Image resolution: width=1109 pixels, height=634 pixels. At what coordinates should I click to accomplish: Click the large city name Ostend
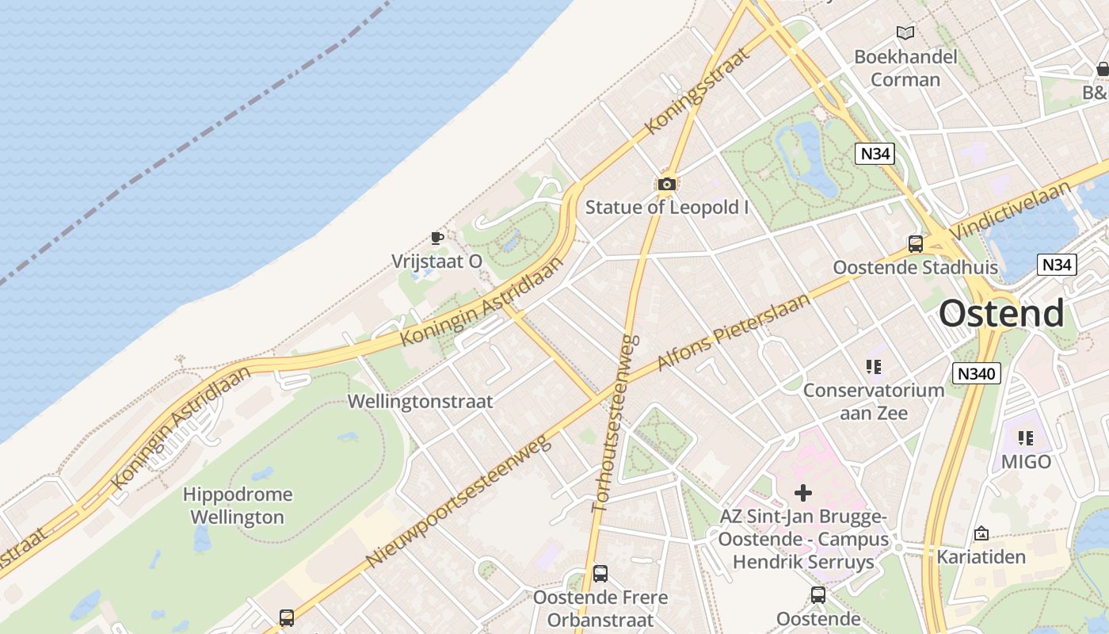tap(1001, 314)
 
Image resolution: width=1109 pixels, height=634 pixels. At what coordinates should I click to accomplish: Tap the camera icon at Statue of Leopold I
tap(667, 185)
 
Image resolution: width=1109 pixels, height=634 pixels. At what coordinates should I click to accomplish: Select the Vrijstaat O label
tap(436, 262)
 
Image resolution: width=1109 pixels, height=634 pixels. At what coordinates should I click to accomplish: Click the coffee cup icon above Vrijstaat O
tap(436, 238)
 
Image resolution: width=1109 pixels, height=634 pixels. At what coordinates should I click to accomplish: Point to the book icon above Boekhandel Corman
tap(905, 32)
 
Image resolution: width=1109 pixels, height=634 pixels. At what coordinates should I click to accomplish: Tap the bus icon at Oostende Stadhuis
tap(916, 244)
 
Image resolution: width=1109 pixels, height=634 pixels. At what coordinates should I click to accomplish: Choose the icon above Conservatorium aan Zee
tap(874, 367)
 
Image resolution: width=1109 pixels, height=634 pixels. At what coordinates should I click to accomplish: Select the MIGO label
tap(1026, 461)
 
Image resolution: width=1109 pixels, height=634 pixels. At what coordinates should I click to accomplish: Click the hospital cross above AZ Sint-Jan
tap(803, 493)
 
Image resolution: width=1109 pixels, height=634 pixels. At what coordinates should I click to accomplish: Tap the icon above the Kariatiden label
tap(981, 533)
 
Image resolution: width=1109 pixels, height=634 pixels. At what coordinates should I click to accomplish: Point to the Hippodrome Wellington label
tap(238, 506)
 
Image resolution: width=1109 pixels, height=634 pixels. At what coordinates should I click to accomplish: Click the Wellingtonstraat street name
tap(420, 402)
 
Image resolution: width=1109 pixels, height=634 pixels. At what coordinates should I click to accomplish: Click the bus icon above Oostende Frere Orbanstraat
tap(600, 573)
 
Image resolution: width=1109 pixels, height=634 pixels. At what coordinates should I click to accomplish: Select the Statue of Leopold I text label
tap(667, 208)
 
